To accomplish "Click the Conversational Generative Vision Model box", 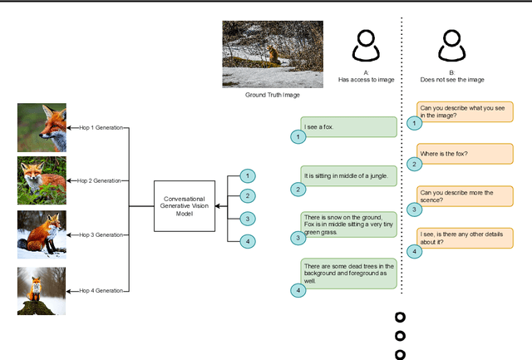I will (184, 204).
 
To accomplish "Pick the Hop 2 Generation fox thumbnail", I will (42, 180).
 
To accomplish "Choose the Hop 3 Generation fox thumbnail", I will (42, 234).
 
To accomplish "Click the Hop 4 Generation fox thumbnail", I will (42, 290).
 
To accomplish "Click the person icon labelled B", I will (451, 47).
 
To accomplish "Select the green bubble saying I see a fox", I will (348, 127).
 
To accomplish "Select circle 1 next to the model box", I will (247, 176).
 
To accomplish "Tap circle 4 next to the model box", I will (247, 241).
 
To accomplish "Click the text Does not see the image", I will (451, 80).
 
